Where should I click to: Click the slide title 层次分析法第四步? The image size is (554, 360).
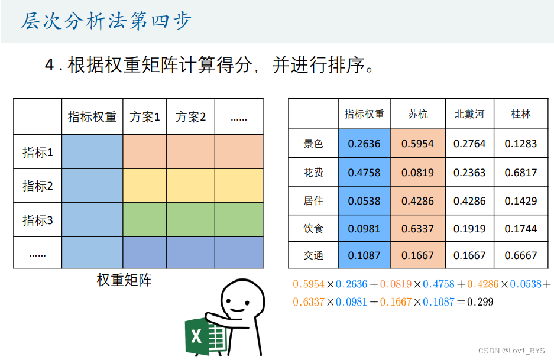click(x=106, y=21)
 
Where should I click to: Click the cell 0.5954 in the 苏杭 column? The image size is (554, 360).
click(x=417, y=144)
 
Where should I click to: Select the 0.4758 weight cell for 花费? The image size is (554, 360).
click(x=364, y=173)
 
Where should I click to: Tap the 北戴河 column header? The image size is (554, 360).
click(x=469, y=114)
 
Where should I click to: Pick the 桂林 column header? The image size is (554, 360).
click(x=521, y=114)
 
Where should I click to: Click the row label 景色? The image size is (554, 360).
click(x=313, y=144)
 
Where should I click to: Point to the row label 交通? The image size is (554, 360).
click(x=313, y=255)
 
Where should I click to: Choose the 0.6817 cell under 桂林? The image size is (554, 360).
click(x=521, y=173)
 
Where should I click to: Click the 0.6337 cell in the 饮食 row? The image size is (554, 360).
click(x=417, y=229)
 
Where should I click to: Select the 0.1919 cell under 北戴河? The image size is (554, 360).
click(x=469, y=229)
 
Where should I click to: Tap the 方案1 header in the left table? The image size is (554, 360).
click(x=145, y=117)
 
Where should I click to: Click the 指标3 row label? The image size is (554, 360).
click(x=38, y=220)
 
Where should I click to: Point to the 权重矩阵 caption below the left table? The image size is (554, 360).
click(x=124, y=280)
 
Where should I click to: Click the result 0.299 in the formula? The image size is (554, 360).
click(x=480, y=302)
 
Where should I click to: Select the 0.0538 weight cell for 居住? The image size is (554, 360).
click(x=364, y=201)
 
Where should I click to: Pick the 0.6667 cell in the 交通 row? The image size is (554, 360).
click(x=521, y=255)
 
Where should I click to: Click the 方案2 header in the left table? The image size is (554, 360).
click(x=190, y=117)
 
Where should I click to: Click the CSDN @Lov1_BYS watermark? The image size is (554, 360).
click(x=511, y=351)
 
